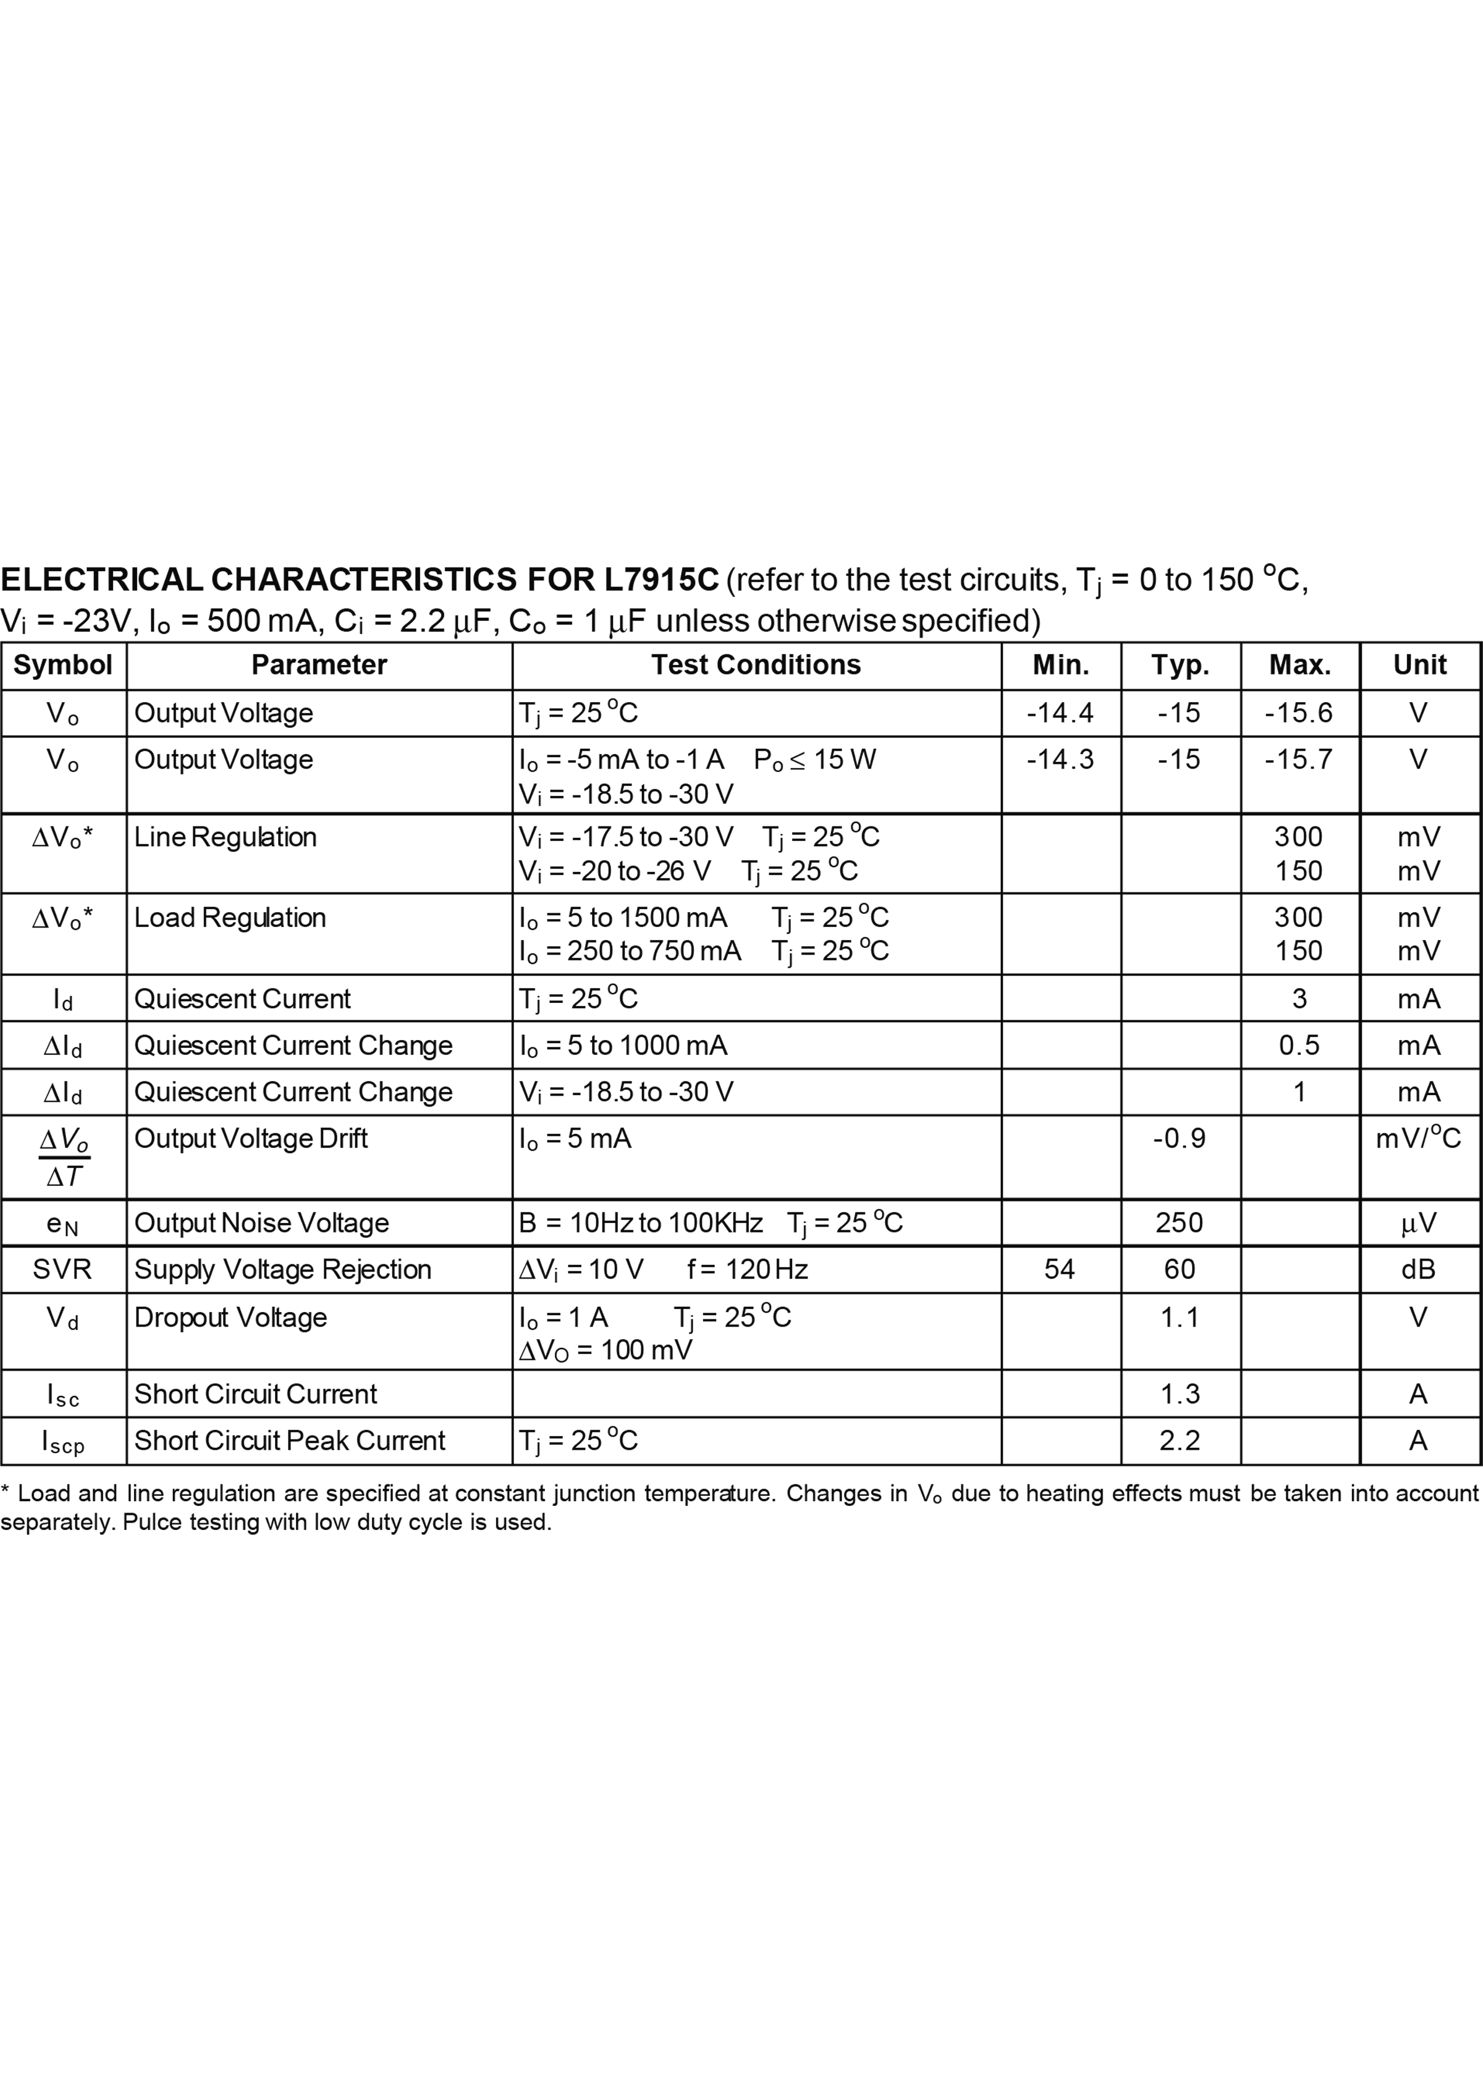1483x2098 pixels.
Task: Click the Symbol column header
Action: (63, 664)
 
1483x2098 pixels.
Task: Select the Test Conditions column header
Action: (756, 664)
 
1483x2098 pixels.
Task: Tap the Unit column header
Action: (1419, 664)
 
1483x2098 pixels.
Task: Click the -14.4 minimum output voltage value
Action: (1060, 713)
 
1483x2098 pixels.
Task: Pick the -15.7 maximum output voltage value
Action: (1298, 760)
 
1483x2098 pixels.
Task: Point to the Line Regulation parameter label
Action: (225, 837)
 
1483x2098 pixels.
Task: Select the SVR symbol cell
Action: (62, 1269)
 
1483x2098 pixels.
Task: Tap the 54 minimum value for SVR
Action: (1060, 1269)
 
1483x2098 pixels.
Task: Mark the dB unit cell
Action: (1418, 1269)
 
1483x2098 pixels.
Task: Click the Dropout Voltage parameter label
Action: (230, 1318)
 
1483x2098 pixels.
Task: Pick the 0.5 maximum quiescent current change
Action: (1298, 1045)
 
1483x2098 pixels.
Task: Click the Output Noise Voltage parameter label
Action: (261, 1222)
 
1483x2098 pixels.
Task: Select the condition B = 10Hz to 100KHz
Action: (641, 1222)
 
